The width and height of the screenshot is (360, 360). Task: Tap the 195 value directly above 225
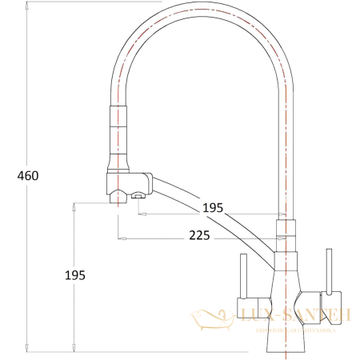(x=212, y=207)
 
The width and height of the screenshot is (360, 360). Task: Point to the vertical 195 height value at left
(x=74, y=274)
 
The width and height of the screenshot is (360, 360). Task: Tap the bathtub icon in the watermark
(x=212, y=320)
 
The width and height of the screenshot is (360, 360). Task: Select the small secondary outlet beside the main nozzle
(x=138, y=194)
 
